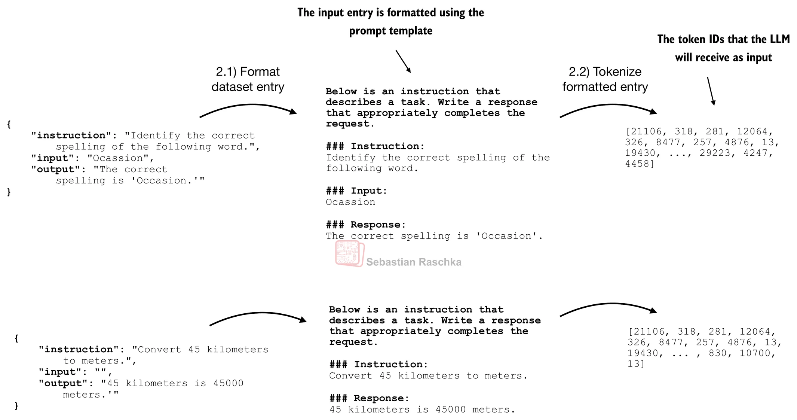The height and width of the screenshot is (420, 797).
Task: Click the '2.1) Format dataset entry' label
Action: coord(248,79)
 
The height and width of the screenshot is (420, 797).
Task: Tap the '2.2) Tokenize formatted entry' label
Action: coord(605,79)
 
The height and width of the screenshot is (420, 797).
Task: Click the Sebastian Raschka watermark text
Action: coord(414,262)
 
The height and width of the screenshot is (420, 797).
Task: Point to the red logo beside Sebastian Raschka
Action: coord(349,253)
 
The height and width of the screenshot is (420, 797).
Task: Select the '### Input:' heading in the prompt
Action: coord(356,191)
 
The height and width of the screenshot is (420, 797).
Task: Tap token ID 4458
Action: coord(639,164)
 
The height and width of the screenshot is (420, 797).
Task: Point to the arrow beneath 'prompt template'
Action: coord(403,61)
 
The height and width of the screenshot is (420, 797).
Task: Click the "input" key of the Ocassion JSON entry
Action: coord(53,158)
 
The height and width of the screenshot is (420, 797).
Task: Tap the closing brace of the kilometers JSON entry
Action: coord(16,406)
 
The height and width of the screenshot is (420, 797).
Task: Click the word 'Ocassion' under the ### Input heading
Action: coord(350,202)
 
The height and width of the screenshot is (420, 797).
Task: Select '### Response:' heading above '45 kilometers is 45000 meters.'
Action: coord(369,398)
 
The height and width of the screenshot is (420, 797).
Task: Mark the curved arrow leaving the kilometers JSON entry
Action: coord(258,317)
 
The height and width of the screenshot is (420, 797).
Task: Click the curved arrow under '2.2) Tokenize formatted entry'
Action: coord(608,109)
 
